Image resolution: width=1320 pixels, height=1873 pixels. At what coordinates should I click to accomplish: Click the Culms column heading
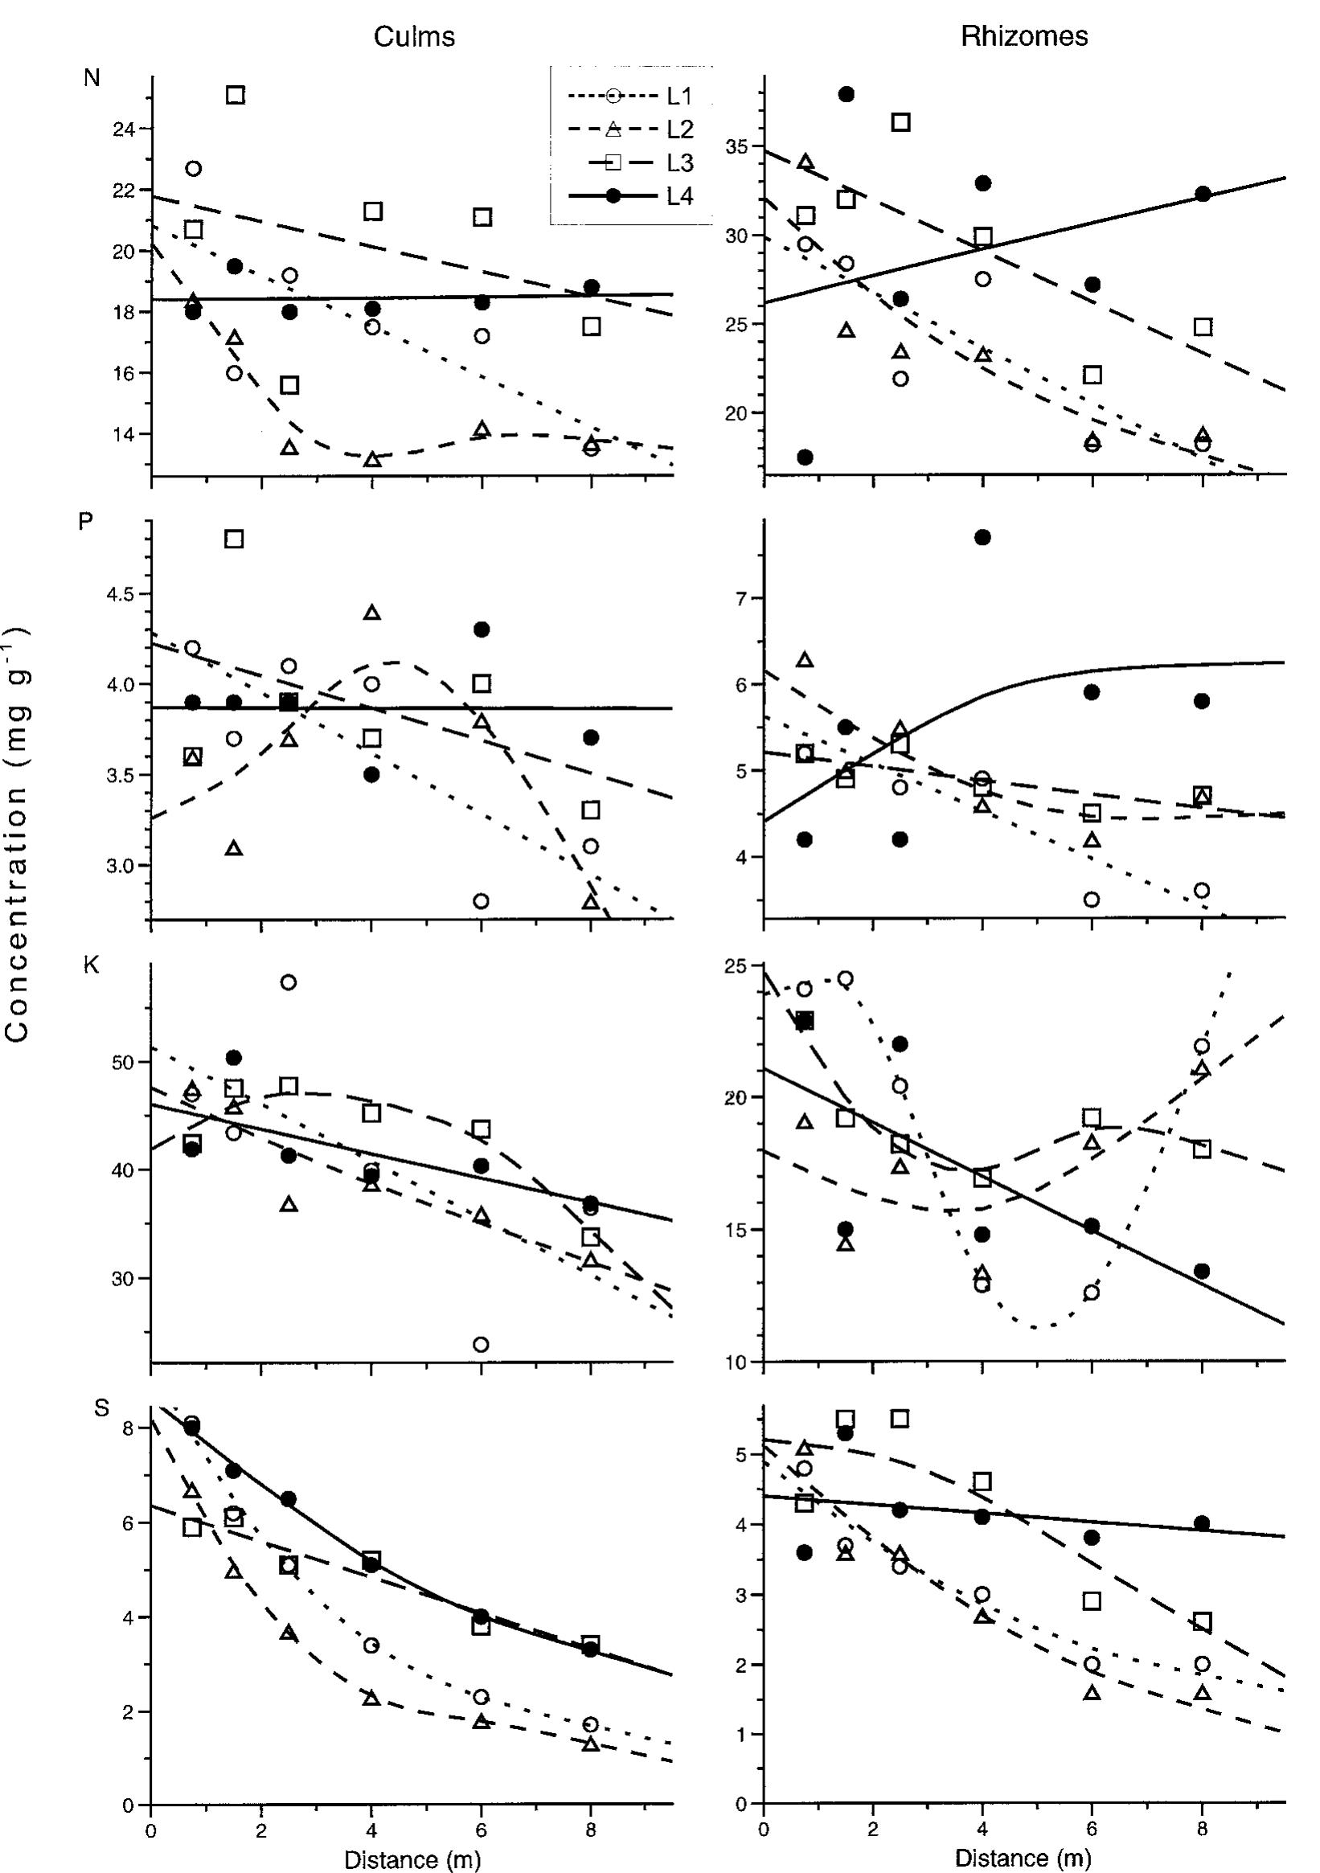click(x=414, y=38)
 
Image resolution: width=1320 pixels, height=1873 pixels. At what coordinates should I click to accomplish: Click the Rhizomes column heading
click(x=1024, y=37)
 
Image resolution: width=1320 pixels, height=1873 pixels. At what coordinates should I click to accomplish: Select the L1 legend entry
click(x=678, y=96)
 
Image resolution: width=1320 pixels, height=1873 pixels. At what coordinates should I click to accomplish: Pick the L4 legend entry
click(x=678, y=196)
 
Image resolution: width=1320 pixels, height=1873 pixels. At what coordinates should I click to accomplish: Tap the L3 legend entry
click(x=678, y=163)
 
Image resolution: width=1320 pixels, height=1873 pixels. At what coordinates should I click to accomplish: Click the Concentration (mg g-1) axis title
click(x=18, y=832)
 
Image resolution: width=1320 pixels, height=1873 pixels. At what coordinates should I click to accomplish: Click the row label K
click(x=92, y=965)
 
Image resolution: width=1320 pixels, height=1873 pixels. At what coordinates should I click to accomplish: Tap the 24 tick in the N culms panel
click(x=124, y=129)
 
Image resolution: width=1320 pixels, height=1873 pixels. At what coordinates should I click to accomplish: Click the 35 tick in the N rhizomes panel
click(x=737, y=148)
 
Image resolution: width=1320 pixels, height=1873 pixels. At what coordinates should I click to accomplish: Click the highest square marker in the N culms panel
click(x=235, y=95)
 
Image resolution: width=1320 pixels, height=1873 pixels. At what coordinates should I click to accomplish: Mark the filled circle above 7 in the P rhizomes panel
click(x=982, y=537)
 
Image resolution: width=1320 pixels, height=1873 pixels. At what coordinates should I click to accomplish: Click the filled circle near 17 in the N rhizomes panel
click(x=805, y=457)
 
